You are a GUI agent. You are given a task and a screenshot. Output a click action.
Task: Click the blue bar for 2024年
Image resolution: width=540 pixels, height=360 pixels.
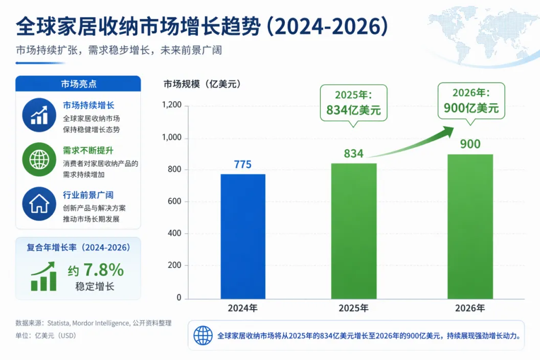click(243, 236)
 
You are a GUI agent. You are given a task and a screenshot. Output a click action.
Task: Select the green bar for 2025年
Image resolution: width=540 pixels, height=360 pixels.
click(354, 231)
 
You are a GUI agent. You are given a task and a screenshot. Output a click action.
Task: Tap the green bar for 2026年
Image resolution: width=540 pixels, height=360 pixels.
click(470, 227)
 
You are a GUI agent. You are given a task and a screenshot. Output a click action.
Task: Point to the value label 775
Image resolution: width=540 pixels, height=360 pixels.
click(243, 164)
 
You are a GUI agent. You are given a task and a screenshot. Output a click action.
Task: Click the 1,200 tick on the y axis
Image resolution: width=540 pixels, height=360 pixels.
click(171, 105)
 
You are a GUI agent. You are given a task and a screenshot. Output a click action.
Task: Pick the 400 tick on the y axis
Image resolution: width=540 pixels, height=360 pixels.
click(174, 233)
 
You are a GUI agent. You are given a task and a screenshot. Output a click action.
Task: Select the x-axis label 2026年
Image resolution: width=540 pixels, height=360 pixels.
click(470, 308)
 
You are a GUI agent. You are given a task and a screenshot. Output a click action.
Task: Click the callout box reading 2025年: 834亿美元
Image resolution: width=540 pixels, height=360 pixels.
click(354, 103)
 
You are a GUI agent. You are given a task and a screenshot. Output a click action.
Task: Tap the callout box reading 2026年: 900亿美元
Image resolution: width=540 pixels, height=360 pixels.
click(471, 101)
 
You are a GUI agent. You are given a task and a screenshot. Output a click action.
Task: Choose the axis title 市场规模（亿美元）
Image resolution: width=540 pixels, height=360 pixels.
click(202, 84)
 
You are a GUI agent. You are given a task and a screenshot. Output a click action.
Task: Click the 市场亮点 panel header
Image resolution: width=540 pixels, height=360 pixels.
click(78, 84)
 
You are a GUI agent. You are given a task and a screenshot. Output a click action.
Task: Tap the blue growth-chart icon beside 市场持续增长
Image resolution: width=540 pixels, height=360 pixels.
click(39, 115)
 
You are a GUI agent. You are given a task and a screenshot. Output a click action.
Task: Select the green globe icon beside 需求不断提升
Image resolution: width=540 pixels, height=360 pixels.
click(39, 160)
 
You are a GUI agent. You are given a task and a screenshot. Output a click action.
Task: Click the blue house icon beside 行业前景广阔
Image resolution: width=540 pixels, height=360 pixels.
click(39, 204)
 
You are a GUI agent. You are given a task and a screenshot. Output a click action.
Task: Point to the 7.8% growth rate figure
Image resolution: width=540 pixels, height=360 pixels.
click(104, 269)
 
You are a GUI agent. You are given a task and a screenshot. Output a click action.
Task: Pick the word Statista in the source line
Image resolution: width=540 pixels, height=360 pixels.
click(58, 323)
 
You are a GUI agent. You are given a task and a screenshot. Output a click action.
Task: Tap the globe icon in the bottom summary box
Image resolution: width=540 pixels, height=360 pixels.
click(203, 335)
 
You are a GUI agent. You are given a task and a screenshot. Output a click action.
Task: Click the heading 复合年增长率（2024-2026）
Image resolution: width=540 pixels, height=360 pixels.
click(79, 247)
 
